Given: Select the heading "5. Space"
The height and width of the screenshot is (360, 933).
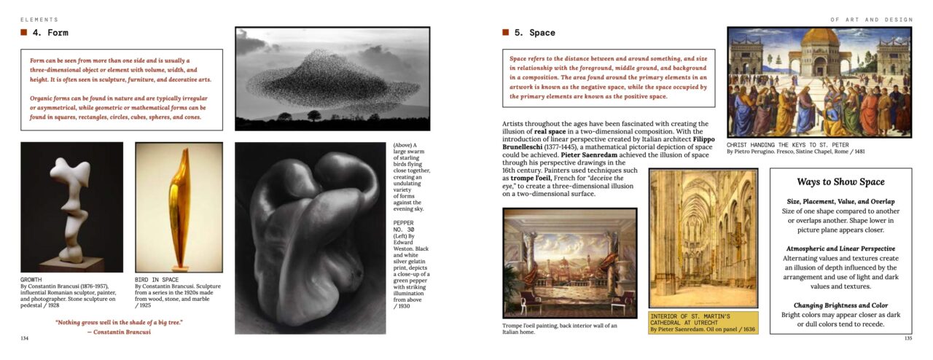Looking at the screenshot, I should (x=534, y=33).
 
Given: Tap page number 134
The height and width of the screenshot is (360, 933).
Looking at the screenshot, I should (x=25, y=338).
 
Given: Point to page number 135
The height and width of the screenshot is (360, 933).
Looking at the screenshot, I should (x=907, y=338).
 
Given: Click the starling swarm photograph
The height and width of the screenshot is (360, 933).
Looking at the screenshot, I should (x=332, y=79).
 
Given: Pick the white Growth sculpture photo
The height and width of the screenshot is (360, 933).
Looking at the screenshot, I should (x=71, y=207).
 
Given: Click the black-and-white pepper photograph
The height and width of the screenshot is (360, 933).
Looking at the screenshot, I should (x=310, y=238).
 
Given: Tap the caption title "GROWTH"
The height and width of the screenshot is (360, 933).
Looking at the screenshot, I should (x=31, y=279).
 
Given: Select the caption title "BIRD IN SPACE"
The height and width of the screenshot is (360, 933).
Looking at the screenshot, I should (x=157, y=279).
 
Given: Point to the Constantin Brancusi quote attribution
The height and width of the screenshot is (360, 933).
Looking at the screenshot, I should (x=119, y=332).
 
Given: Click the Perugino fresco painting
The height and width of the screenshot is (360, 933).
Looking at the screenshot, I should (x=819, y=82).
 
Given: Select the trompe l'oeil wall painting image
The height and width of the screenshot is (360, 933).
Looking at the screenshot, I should (x=569, y=263).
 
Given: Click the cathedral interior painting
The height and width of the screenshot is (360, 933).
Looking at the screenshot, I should (x=703, y=238).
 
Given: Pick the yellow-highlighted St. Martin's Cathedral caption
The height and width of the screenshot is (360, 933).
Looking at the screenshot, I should (x=703, y=323).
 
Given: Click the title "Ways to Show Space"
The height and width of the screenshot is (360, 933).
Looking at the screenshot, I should (x=840, y=182).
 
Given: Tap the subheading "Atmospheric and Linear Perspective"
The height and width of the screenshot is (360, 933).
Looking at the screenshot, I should (x=840, y=249).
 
